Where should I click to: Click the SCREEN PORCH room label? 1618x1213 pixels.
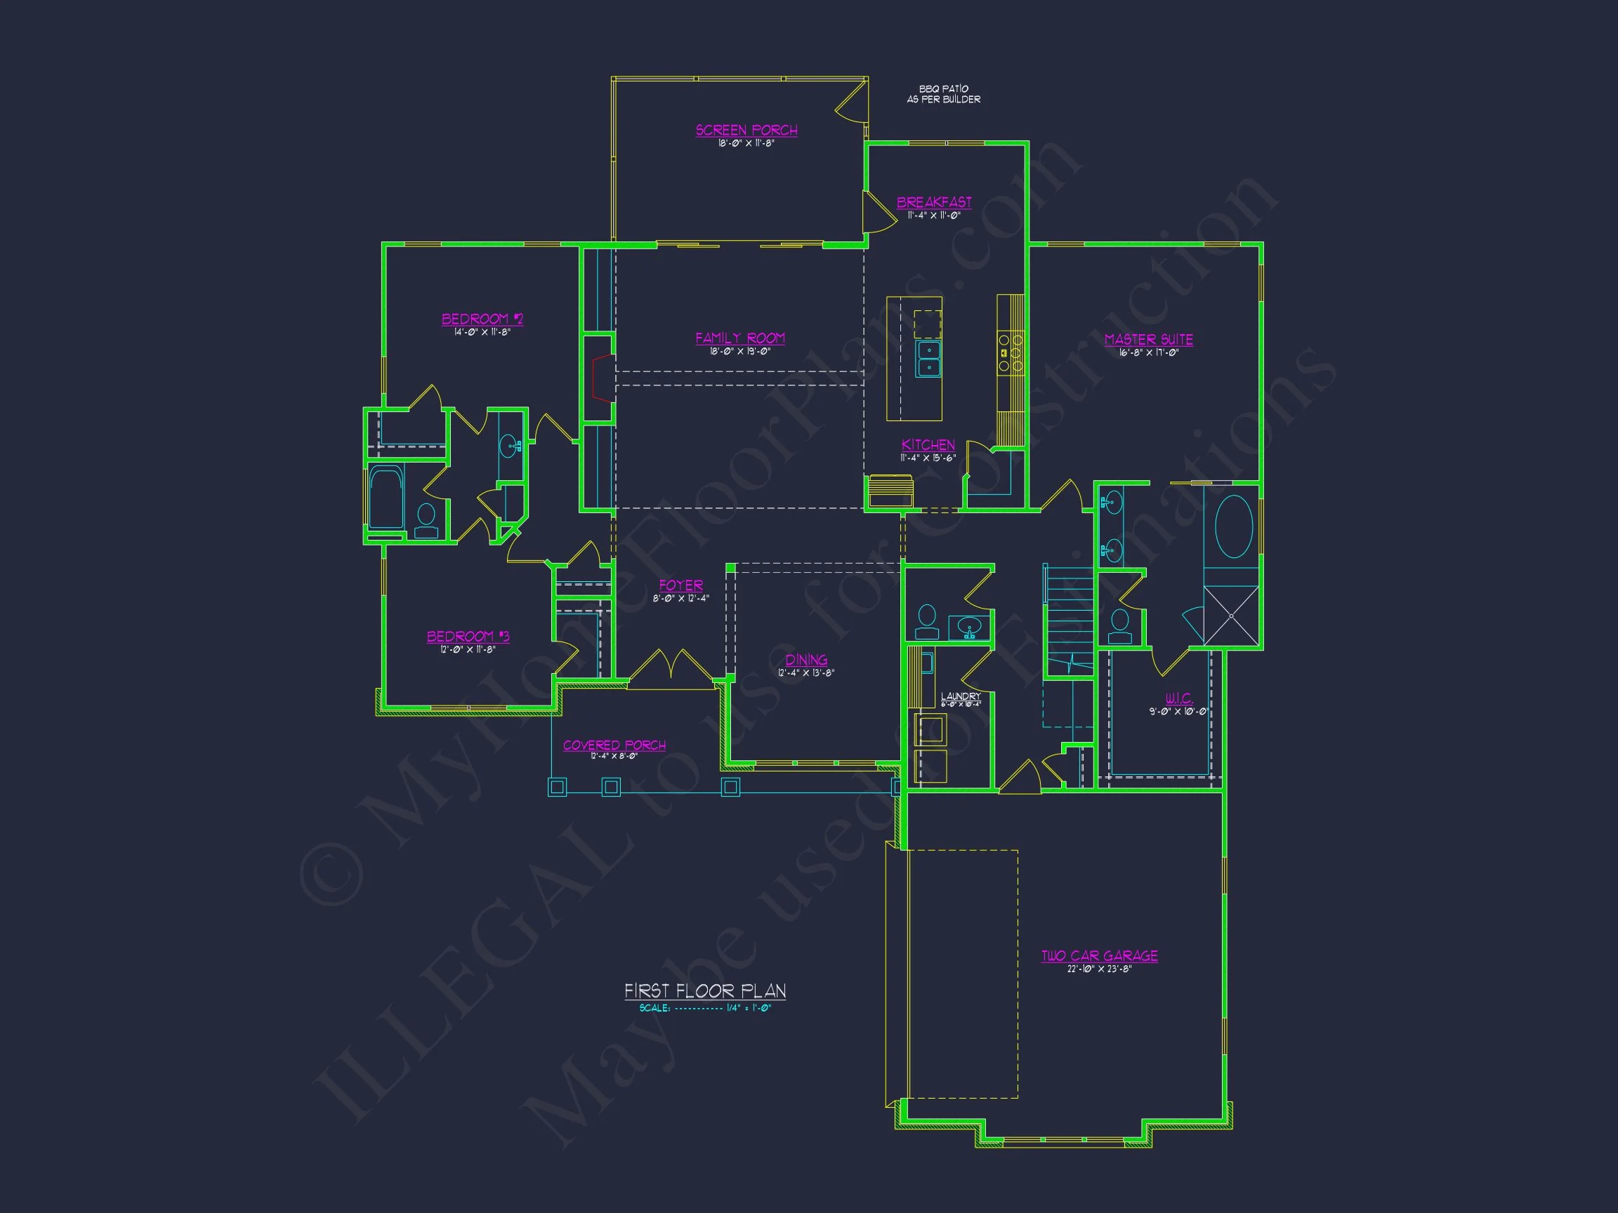[x=746, y=130]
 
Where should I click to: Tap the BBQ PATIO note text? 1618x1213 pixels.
[x=944, y=93]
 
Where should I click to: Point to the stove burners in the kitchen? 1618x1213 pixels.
[x=1011, y=352]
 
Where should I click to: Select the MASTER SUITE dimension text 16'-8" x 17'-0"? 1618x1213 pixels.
[x=1148, y=353]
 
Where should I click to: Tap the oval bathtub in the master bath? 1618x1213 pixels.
[x=1233, y=526]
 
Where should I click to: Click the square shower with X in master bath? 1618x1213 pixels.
[x=1231, y=616]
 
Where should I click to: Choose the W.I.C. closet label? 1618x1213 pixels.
[x=1178, y=698]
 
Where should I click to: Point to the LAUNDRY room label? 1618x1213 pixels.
[x=961, y=696]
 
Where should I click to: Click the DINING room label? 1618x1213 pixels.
[x=806, y=660]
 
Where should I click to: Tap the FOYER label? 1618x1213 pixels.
[x=681, y=585]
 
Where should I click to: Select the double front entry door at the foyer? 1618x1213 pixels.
[x=671, y=669]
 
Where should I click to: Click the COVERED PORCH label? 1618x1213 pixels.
[x=614, y=745]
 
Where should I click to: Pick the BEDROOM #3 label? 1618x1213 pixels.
[x=468, y=636]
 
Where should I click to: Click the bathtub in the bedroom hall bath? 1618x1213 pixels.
[x=386, y=497]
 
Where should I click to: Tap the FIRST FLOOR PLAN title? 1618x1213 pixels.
[x=705, y=990]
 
